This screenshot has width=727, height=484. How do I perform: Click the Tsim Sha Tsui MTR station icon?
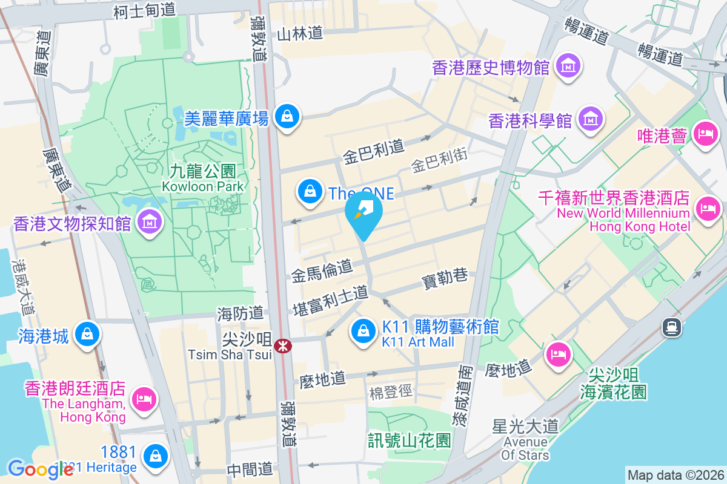click(282, 346)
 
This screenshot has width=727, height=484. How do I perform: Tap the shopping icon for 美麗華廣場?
click(285, 116)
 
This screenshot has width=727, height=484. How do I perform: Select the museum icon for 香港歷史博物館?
click(569, 65)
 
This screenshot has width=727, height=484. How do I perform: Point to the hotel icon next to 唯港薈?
click(705, 133)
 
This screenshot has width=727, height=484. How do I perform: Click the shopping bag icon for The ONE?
click(310, 191)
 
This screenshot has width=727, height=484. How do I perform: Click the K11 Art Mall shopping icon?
click(363, 330)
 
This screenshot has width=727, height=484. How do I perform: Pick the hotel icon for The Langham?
click(145, 399)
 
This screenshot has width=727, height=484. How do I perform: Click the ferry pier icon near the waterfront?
click(672, 327)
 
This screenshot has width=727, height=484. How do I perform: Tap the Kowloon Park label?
click(203, 179)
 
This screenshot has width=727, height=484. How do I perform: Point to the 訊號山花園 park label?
click(410, 439)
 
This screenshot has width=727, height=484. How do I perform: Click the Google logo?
click(32, 469)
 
